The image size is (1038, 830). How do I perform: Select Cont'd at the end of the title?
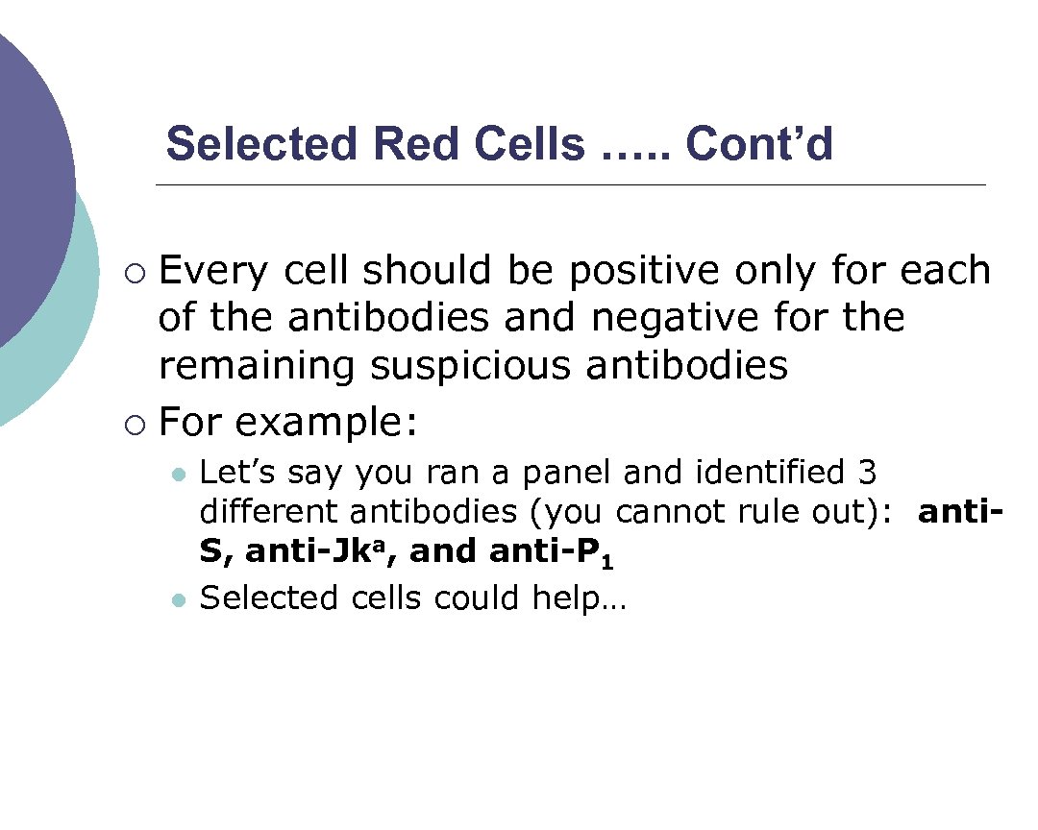[x=759, y=145]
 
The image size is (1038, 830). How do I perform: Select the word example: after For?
[x=326, y=422]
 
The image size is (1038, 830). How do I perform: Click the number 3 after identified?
[x=864, y=473]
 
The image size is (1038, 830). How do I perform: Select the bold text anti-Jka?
[x=321, y=552]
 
